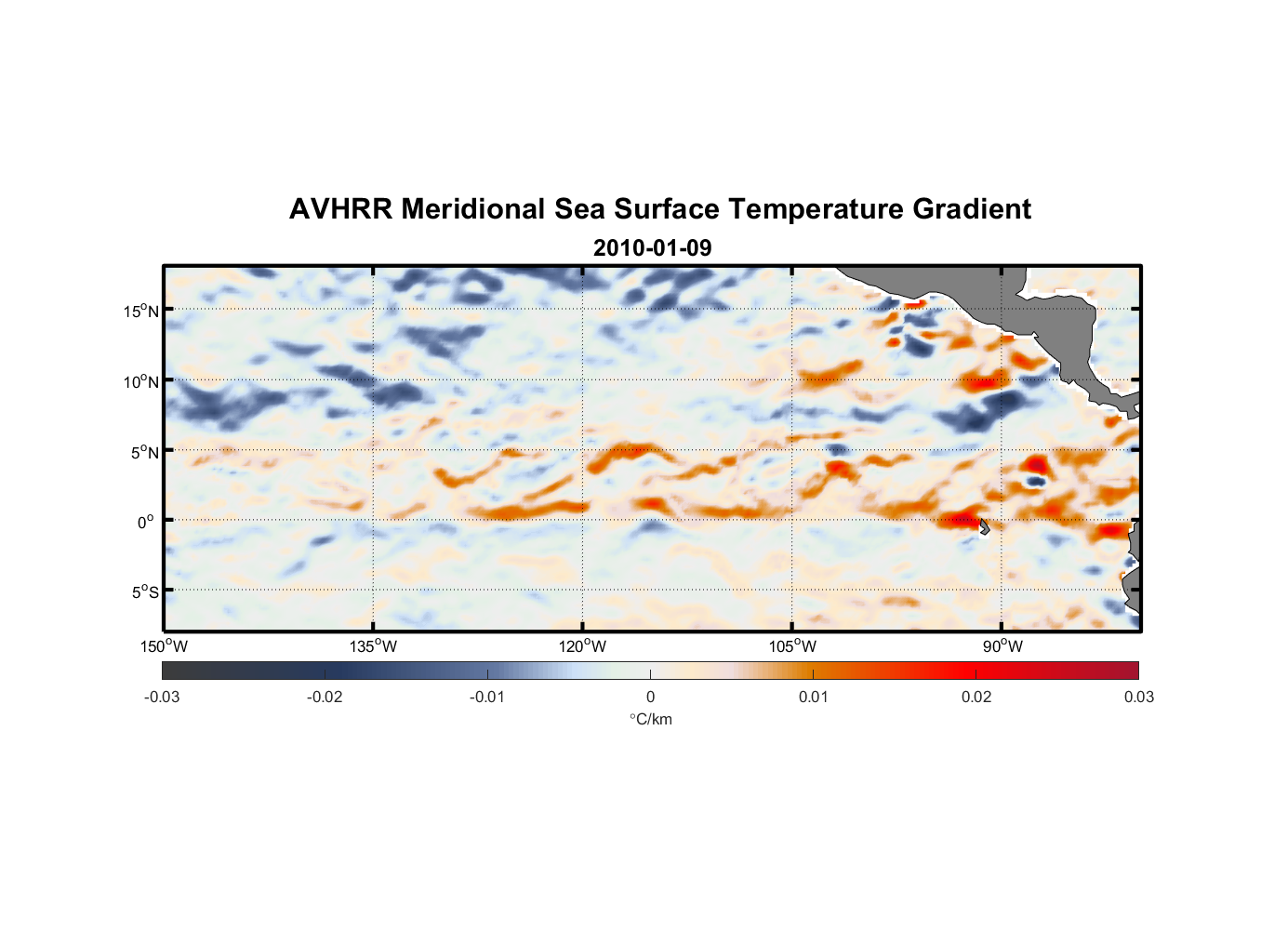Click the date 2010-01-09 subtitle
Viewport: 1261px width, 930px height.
click(652, 248)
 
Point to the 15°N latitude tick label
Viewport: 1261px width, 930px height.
click(141, 311)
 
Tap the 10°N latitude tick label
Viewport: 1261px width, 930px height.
click(141, 381)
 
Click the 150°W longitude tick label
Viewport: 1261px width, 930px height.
click(165, 646)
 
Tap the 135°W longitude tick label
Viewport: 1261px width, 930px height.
click(374, 646)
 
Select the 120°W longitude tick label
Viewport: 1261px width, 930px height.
click(583, 646)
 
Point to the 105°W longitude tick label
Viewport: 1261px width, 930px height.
click(792, 646)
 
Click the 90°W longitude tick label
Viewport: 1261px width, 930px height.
click(1002, 646)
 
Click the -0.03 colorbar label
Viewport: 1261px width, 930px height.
click(162, 697)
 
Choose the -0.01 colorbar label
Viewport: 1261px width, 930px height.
click(487, 697)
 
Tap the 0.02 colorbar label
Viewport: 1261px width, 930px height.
click(976, 697)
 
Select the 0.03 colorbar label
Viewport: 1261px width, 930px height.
click(1138, 697)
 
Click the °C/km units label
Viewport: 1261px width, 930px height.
click(651, 719)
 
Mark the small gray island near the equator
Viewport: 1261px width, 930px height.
click(984, 526)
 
